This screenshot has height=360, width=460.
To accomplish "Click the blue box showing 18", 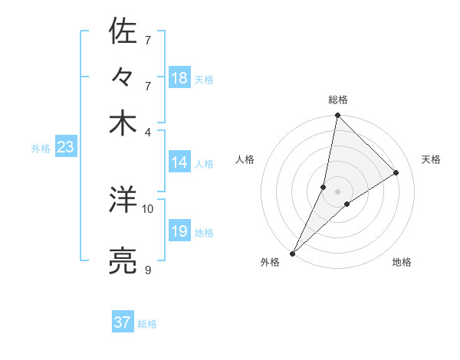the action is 179,78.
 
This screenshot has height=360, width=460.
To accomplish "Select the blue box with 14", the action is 179,162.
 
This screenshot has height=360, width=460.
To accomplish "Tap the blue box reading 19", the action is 179,231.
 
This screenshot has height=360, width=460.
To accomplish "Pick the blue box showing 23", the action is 65,148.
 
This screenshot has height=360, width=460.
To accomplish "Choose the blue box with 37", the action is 123,322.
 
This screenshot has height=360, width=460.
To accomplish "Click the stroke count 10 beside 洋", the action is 148,208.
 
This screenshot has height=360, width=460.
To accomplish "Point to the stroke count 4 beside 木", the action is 148,131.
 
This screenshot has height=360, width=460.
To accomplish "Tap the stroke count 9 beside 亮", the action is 148,270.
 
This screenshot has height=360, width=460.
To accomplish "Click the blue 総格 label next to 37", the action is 147,324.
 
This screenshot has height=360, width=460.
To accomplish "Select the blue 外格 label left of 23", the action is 41,149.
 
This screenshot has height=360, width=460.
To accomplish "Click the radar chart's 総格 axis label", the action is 337,100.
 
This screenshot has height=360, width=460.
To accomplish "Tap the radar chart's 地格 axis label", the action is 402,263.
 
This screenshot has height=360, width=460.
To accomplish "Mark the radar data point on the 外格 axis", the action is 293,253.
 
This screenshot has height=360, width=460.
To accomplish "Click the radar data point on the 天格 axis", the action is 396,172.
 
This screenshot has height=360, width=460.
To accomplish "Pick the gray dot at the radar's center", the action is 337,191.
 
